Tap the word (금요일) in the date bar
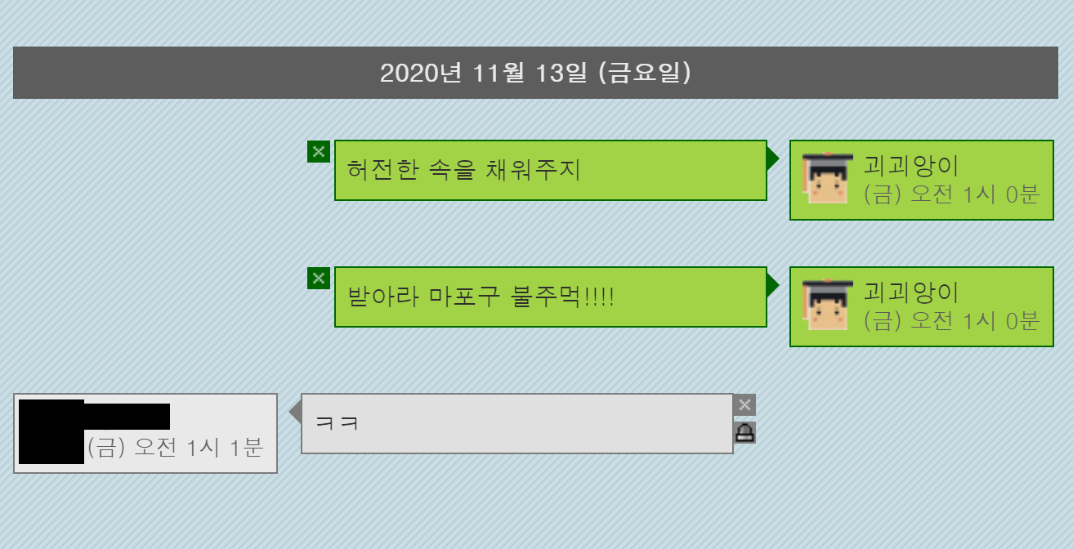pyautogui.click(x=646, y=74)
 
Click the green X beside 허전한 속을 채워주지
pyautogui.click(x=319, y=151)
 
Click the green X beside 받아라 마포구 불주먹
pyautogui.click(x=319, y=278)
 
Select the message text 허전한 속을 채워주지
pyautogui.click(x=463, y=170)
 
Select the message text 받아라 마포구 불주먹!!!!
pyautogui.click(x=481, y=297)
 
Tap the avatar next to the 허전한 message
pyautogui.click(x=828, y=177)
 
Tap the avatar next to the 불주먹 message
pyautogui.click(x=828, y=304)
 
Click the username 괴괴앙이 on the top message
pyautogui.click(x=911, y=165)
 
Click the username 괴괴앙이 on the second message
pyautogui.click(x=911, y=292)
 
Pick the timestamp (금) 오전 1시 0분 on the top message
pyautogui.click(x=951, y=194)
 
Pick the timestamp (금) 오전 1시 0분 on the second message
pyautogui.click(x=951, y=321)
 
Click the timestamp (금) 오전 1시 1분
pyautogui.click(x=174, y=448)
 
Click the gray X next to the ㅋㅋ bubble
pyautogui.click(x=744, y=404)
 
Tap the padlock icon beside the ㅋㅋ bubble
pyautogui.click(x=744, y=432)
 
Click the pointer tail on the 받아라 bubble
pyautogui.click(x=772, y=284)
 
